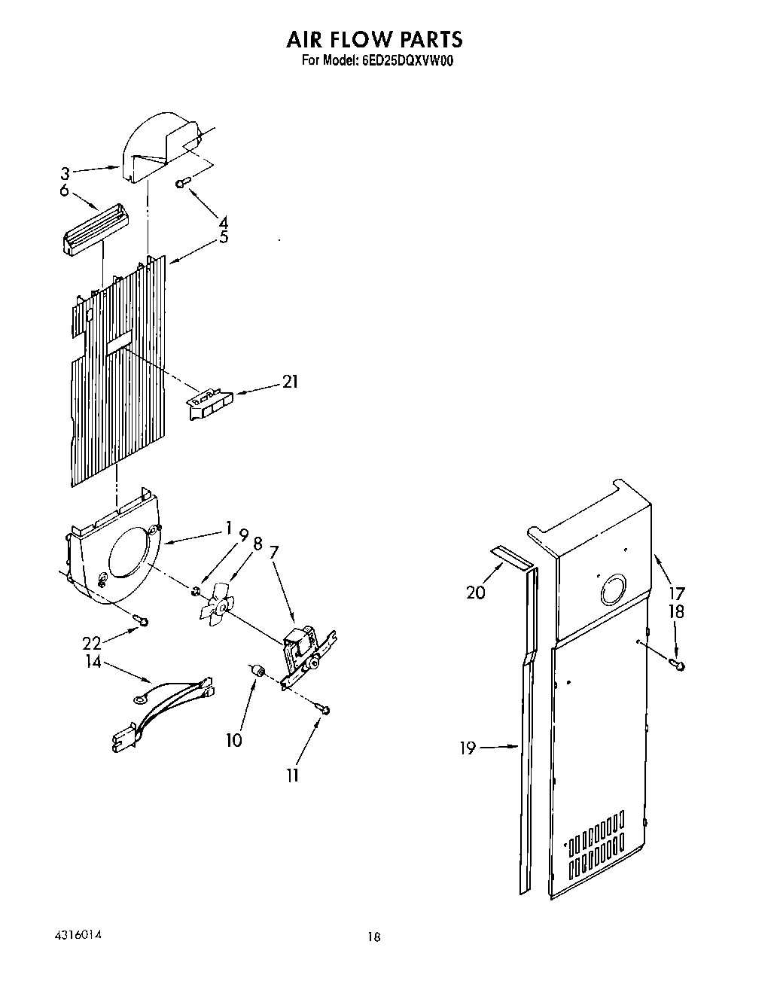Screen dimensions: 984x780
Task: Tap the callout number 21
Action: pyautogui.click(x=290, y=382)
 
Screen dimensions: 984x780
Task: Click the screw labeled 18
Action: pyautogui.click(x=677, y=663)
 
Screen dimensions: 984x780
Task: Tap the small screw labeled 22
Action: pyautogui.click(x=141, y=620)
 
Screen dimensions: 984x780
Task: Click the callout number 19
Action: pyautogui.click(x=468, y=748)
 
